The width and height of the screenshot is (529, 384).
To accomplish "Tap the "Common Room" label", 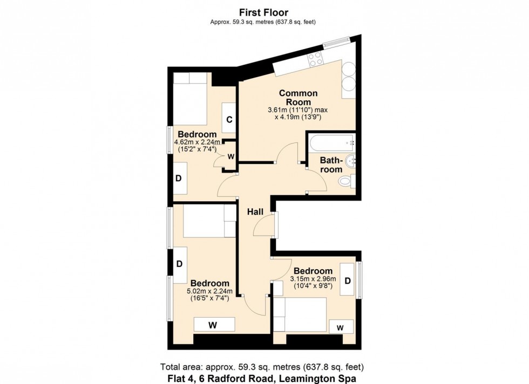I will pyautogui.click(x=298, y=98).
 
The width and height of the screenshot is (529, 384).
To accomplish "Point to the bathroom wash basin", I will pyautogui.click(x=351, y=160).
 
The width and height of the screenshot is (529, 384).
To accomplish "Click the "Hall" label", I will pyautogui.click(x=255, y=212).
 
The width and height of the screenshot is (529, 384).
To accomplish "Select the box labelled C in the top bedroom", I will pyautogui.click(x=229, y=120).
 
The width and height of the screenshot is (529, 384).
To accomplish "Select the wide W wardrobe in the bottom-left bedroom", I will pyautogui.click(x=214, y=325).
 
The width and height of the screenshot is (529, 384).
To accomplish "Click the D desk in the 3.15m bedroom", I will pyautogui.click(x=348, y=280).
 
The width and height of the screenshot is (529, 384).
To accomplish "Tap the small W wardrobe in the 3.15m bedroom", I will pyautogui.click(x=340, y=327).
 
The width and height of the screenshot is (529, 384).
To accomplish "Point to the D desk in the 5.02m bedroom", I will pyautogui.click(x=179, y=264).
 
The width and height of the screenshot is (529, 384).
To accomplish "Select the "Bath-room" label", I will pyautogui.click(x=331, y=164).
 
